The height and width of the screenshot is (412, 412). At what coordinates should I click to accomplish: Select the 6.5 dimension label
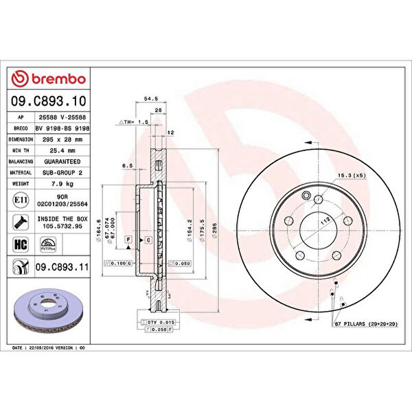coord(127,165)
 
